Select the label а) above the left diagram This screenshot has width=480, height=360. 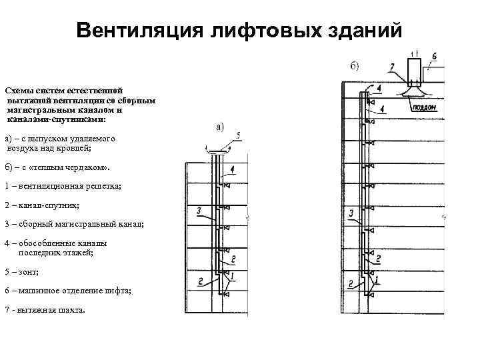pyautogui.click(x=219, y=126)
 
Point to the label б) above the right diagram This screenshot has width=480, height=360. pyautogui.click(x=354, y=65)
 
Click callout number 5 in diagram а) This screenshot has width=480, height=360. pyautogui.click(x=238, y=136)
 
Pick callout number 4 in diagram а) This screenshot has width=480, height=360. pyautogui.click(x=231, y=169)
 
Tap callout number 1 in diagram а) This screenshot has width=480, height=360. pyautogui.click(x=233, y=273)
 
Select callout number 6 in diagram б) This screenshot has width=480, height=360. pyautogui.click(x=434, y=57)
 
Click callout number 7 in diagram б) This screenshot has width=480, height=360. pyautogui.click(x=393, y=66)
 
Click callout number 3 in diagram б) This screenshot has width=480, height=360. pyautogui.click(x=351, y=213)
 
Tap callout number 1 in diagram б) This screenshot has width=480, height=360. pyautogui.click(x=378, y=278)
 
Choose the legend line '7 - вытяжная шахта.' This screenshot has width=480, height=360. pyautogui.click(x=45, y=311)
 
